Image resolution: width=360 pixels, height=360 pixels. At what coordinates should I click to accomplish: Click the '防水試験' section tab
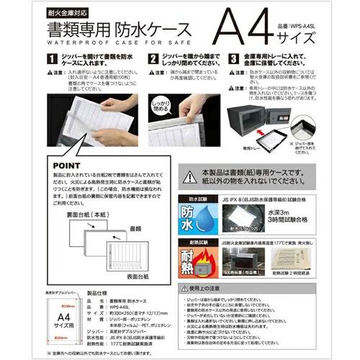[x=199, y=196]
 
